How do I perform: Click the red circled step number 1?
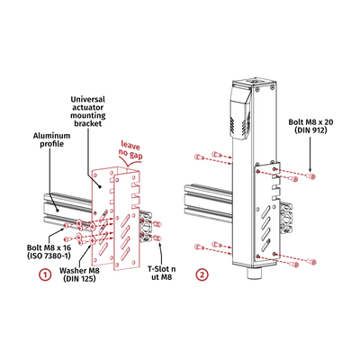(41, 271)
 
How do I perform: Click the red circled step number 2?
(202, 272)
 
